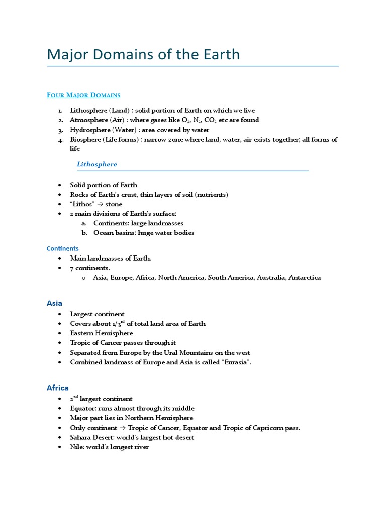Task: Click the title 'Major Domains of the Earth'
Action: (143, 54)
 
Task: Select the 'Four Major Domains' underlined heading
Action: (83, 95)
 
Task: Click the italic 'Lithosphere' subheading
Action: (97, 164)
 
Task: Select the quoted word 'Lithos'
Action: (82, 204)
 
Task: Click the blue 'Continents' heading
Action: (63, 248)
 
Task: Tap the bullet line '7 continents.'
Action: (90, 268)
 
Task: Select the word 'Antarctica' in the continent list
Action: (304, 278)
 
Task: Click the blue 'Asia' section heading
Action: (54, 303)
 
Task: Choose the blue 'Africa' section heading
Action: (57, 388)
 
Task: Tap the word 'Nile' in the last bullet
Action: (76, 447)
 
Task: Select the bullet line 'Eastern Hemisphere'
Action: (102, 333)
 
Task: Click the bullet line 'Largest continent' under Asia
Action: (97, 314)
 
